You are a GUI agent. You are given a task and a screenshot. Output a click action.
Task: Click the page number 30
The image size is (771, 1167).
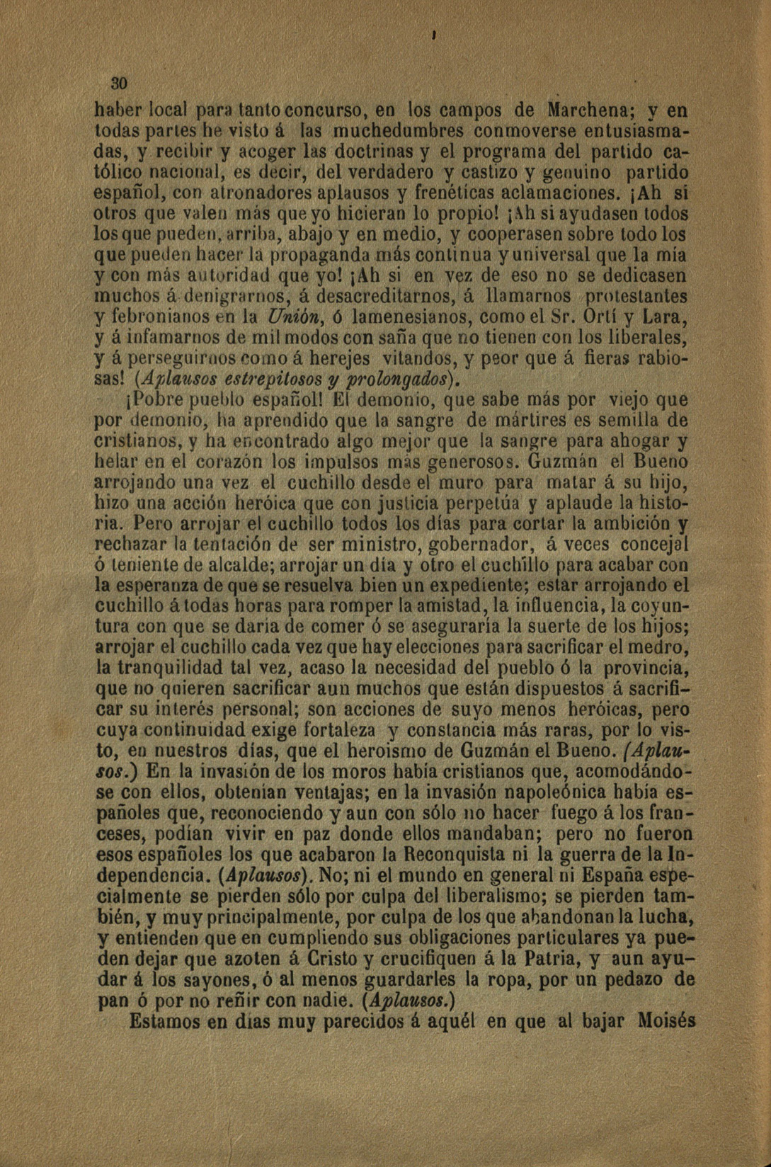118,84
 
